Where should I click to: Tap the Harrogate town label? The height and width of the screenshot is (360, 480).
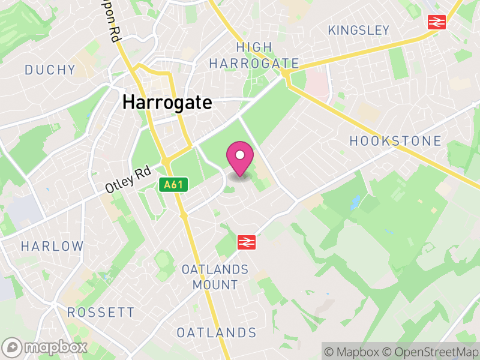pyautogui.click(x=167, y=103)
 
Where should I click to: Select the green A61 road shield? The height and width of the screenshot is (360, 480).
pyautogui.click(x=173, y=185)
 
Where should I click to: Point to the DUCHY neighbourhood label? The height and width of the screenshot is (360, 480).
pyautogui.click(x=50, y=70)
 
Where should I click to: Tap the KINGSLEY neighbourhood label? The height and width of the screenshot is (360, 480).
pyautogui.click(x=359, y=30)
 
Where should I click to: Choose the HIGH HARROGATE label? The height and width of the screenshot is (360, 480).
pyautogui.click(x=254, y=55)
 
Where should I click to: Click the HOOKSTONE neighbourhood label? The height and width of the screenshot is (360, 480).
pyautogui.click(x=395, y=142)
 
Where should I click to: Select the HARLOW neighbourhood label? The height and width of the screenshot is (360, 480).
pyautogui.click(x=52, y=246)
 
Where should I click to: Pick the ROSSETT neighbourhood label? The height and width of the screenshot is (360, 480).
pyautogui.click(x=101, y=313)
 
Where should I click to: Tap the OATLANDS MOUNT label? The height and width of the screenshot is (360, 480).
pyautogui.click(x=215, y=277)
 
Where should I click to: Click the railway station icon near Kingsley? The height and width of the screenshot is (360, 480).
pyautogui.click(x=436, y=22)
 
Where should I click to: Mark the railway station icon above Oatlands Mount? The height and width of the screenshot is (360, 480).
pyautogui.click(x=245, y=242)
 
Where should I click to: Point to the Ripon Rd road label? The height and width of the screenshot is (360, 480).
pyautogui.click(x=113, y=24)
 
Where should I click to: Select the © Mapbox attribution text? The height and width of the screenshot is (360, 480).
pyautogui.click(x=353, y=351)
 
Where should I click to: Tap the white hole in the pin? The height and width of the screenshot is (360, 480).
pyautogui.click(x=239, y=155)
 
